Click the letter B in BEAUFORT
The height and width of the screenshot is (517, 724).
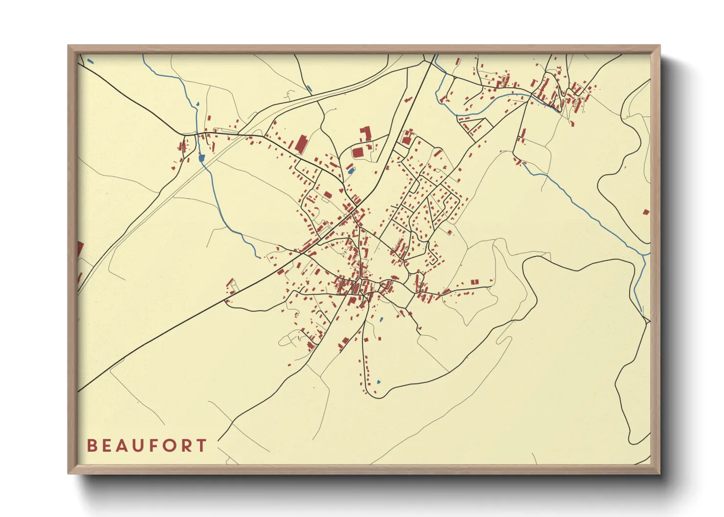tap(91, 446)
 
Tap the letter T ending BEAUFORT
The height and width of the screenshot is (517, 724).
tap(201, 446)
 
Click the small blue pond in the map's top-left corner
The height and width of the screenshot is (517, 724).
tap(90, 62)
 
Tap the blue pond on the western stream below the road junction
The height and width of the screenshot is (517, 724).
tap(201, 158)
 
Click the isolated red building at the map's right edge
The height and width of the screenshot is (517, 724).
tap(646, 212)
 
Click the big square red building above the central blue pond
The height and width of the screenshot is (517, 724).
tap(358, 152)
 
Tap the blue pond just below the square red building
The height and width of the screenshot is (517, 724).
tap(350, 171)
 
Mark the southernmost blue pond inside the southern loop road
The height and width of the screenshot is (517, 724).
tap(378, 382)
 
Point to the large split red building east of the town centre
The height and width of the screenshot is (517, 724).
tap(475, 282)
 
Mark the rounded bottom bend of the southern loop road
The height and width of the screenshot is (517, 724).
tap(377, 396)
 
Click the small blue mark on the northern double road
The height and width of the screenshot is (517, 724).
tap(309, 89)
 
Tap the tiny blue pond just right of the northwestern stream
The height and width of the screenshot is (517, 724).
tap(198, 104)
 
